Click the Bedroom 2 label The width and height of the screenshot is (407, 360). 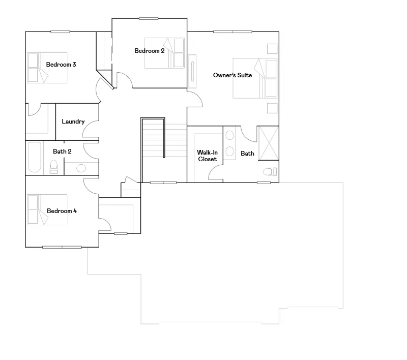click(150, 51)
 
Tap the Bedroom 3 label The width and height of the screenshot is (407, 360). click(61, 65)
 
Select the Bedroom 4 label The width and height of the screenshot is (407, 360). click(62, 211)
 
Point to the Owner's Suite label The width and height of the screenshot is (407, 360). click(232, 75)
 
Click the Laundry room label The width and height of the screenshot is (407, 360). click(73, 122)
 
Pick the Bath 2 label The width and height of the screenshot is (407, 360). click(62, 152)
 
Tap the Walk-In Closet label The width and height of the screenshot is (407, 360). click(207, 156)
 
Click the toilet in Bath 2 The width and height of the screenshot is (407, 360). click(54, 167)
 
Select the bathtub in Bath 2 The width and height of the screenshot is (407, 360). click(35, 157)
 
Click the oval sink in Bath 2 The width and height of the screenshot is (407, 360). click(81, 168)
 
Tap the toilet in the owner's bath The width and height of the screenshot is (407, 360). click(270, 172)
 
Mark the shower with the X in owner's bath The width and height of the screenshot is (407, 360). click(269, 143)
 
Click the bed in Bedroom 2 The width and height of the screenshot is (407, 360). click(164, 53)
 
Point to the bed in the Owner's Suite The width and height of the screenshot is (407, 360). click(255, 78)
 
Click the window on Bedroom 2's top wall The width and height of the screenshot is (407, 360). click(149, 18)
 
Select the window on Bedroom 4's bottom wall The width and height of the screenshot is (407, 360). click(62, 247)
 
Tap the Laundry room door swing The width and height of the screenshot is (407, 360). click(90, 130)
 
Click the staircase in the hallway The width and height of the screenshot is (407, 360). click(164, 150)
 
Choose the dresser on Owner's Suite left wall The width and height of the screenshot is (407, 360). click(192, 71)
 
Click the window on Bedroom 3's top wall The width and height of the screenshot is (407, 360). click(60, 32)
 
